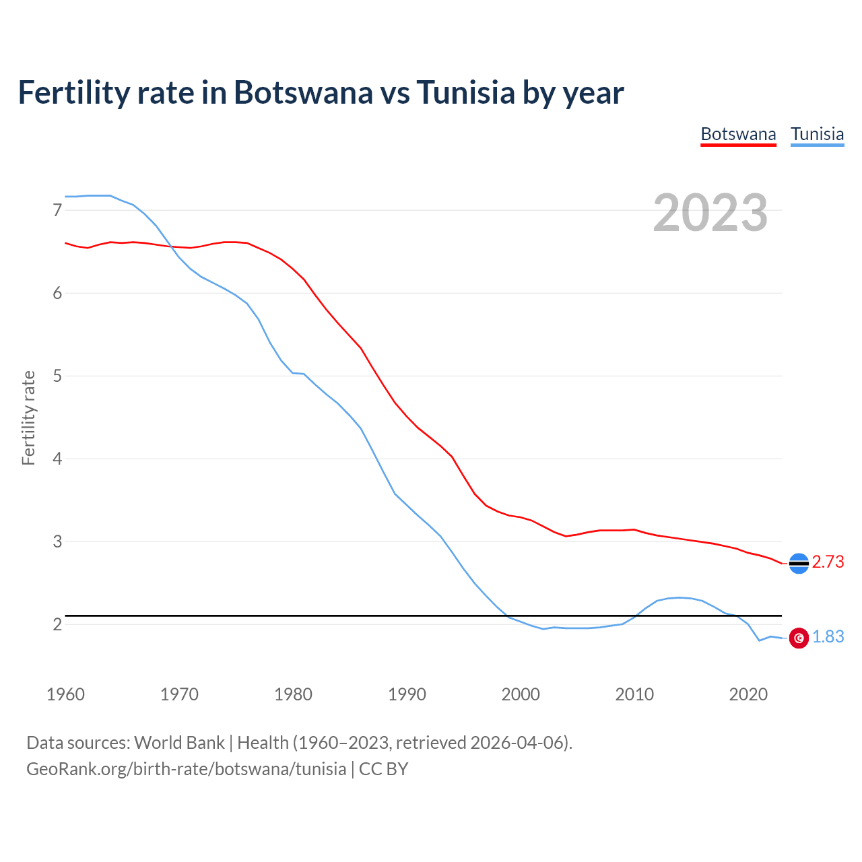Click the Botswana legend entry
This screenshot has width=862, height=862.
[738, 134]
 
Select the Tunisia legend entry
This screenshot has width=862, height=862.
[817, 134]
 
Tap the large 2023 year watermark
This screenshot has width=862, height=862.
[710, 213]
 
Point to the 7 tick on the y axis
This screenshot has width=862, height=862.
[57, 210]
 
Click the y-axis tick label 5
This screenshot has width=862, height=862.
[57, 376]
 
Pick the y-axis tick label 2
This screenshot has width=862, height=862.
[57, 624]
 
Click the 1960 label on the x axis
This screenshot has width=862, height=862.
[65, 694]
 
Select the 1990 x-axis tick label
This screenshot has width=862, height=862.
[407, 694]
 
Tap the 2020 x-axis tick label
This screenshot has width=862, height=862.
[748, 694]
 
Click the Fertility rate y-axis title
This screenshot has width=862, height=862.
[28, 418]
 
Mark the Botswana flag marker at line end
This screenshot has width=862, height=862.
[799, 563]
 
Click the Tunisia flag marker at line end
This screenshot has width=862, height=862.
[799, 638]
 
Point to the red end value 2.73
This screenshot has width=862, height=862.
[828, 562]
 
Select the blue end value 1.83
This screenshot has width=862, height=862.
[828, 636]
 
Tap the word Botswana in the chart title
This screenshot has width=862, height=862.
[302, 92]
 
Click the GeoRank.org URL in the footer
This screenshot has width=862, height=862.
[186, 769]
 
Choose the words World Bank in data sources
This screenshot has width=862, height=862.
[179, 743]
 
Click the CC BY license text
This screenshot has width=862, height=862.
[383, 769]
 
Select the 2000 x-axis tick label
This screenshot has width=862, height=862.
[521, 694]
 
